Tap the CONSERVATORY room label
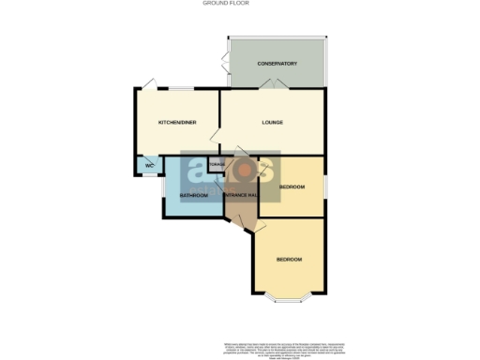coord(277,64)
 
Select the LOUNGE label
coord(272,123)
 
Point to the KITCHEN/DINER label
coord(176,123)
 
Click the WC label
coord(148,167)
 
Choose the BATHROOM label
coord(194,195)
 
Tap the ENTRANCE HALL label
coord(240,195)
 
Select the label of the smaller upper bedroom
coord(292,187)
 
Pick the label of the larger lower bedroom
coord(289,259)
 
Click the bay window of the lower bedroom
coord(289,297)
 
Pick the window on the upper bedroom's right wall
coord(326,187)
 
